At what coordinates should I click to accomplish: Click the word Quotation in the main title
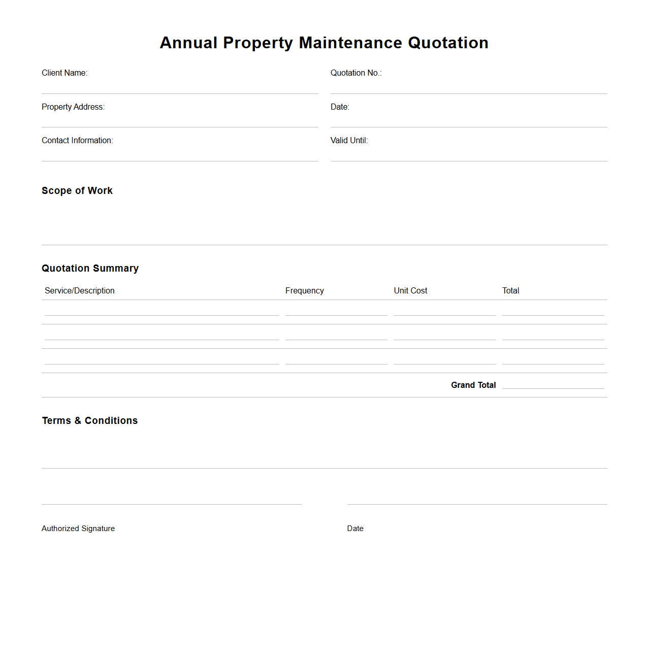pos(448,43)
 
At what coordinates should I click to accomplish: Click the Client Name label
pos(64,73)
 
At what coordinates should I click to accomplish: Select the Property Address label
pos(73,107)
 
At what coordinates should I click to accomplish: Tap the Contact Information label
pos(77,141)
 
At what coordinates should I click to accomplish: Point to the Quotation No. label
pos(356,73)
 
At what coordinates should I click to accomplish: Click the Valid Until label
pos(349,141)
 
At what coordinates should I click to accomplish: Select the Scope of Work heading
pos(77,191)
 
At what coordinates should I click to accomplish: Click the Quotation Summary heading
pos(90,269)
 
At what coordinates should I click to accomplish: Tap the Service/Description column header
pos(80,291)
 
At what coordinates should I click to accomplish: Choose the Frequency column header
pos(304,291)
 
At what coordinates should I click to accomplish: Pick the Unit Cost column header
pos(410,291)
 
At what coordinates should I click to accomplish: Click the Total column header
pos(510,291)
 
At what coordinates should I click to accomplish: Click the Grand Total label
pos(473,385)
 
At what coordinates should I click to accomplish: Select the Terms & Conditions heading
pos(90,421)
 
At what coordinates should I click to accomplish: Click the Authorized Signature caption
pos(78,529)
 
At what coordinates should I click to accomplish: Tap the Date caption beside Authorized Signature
pos(355,529)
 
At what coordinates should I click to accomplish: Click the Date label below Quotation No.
pos(340,107)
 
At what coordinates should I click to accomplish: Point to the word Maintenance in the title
pos(350,43)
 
